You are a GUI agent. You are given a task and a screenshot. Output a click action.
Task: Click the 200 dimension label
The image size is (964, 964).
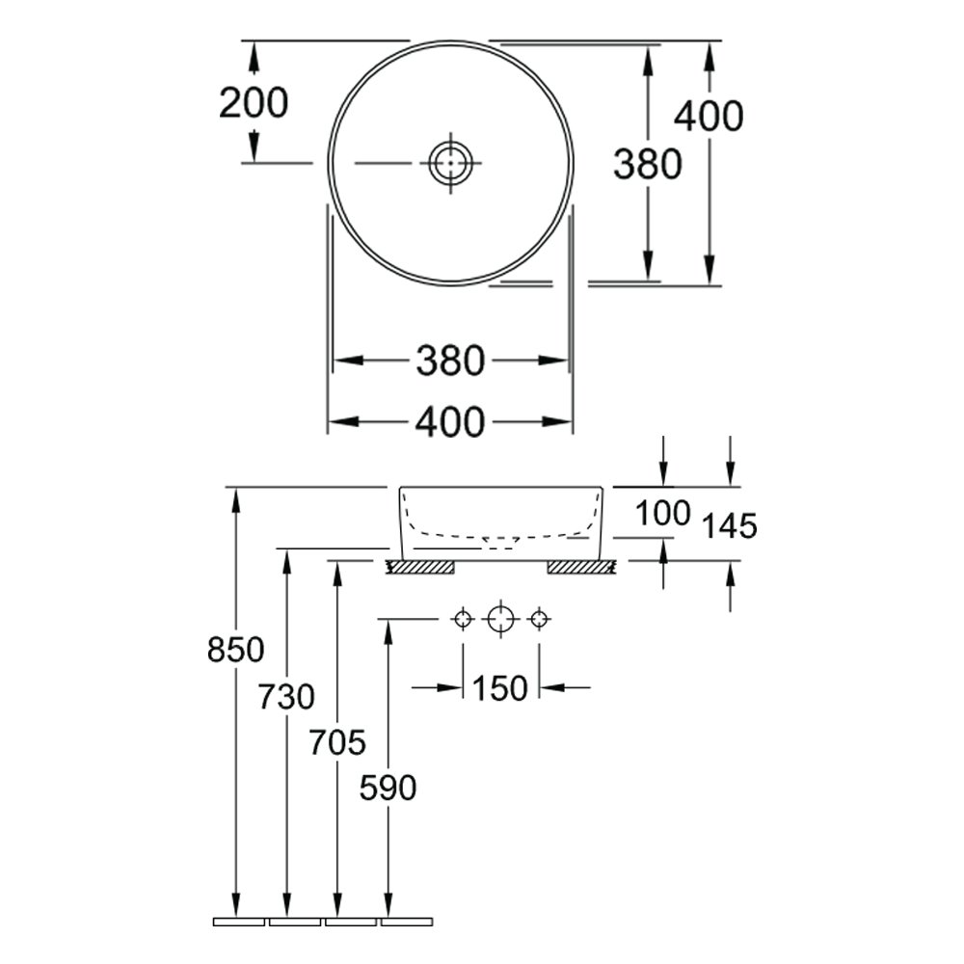click(254, 103)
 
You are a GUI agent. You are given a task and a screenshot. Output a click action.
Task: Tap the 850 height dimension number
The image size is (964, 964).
click(235, 649)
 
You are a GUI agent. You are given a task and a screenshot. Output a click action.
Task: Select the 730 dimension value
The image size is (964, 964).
click(286, 697)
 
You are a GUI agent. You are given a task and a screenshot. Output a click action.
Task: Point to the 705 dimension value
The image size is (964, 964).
click(336, 742)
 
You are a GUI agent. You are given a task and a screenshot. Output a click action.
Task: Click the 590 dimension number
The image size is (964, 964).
click(388, 788)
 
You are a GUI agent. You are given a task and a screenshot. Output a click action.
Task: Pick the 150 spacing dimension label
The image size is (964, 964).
click(499, 688)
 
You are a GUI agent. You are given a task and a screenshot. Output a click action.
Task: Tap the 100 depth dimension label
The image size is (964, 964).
click(663, 514)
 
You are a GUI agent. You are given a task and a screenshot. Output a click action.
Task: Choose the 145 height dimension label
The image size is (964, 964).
click(729, 526)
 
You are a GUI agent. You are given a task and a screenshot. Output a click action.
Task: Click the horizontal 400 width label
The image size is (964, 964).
click(450, 423)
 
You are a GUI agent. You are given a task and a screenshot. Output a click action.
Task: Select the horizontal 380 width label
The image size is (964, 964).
click(450, 361)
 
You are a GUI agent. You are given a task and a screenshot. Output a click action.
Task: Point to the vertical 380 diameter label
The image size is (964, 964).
click(648, 164)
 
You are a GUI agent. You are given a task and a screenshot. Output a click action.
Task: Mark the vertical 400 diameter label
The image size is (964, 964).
click(709, 117)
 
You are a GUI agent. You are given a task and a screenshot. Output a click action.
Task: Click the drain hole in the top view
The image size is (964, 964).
click(450, 163)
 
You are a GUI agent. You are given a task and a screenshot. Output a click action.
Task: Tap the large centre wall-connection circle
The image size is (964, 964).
click(500, 619)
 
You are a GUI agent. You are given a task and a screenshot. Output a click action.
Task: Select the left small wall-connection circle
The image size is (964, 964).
click(463, 619)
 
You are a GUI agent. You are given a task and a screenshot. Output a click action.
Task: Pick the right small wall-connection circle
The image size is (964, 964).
click(539, 619)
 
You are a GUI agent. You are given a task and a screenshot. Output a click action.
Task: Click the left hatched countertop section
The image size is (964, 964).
click(420, 568)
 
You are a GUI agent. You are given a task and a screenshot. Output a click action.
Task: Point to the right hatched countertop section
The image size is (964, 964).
click(581, 568)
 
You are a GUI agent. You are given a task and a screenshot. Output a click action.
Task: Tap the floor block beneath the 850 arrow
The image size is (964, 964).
click(238, 922)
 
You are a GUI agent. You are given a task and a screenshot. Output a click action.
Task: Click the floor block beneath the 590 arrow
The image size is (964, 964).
click(407, 922)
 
